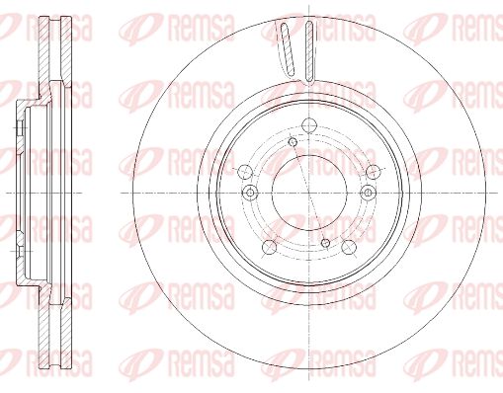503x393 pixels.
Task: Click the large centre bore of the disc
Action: click(309, 193)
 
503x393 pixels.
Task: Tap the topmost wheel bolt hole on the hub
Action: click(309, 125)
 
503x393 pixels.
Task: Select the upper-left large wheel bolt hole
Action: click(245, 171)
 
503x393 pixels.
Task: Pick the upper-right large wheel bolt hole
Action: click(374, 171)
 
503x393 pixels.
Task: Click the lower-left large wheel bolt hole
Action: click(270, 247)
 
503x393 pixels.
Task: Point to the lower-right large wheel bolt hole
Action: click(349, 247)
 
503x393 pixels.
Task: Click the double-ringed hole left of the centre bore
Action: click(250, 193)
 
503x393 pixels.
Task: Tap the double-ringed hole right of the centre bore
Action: click(369, 193)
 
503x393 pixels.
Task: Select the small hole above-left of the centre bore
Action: click(293, 142)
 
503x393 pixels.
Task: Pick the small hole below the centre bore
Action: click(325, 243)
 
